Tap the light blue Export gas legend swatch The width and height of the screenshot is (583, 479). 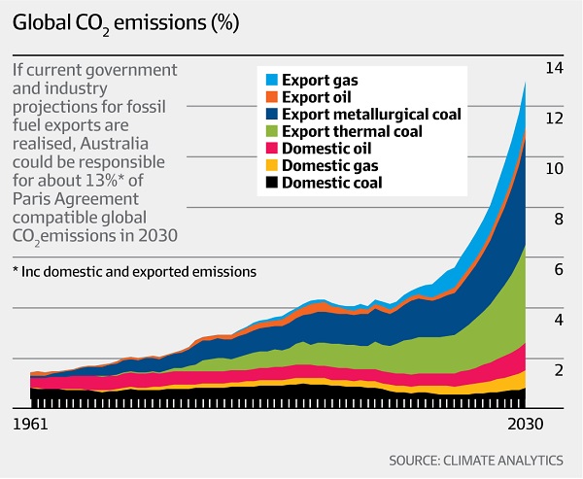(x=272, y=80)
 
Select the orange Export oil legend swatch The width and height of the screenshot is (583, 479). (x=272, y=96)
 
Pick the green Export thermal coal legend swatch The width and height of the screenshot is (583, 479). (x=272, y=131)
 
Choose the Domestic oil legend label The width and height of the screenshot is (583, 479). (x=329, y=148)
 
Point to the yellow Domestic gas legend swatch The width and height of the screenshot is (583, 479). (x=272, y=165)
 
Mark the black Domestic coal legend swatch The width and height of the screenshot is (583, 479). (x=272, y=183)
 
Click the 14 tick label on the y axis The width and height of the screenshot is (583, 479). (x=555, y=68)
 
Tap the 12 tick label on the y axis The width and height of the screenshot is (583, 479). (x=555, y=119)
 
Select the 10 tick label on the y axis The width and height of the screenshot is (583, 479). (x=555, y=169)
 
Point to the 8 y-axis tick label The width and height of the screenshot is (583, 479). (x=558, y=220)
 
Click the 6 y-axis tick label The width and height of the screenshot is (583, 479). (x=558, y=270)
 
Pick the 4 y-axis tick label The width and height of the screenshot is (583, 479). (x=558, y=320)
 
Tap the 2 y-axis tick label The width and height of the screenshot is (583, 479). (x=558, y=370)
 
